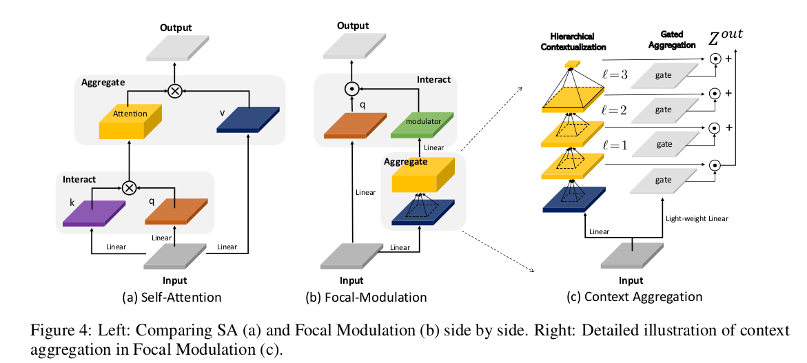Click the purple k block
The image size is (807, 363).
click(x=93, y=213)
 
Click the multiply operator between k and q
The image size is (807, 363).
click(x=128, y=185)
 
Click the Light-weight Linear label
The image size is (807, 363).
click(x=697, y=218)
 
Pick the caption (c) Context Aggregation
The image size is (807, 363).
click(x=633, y=297)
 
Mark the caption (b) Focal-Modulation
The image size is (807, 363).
click(x=366, y=298)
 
